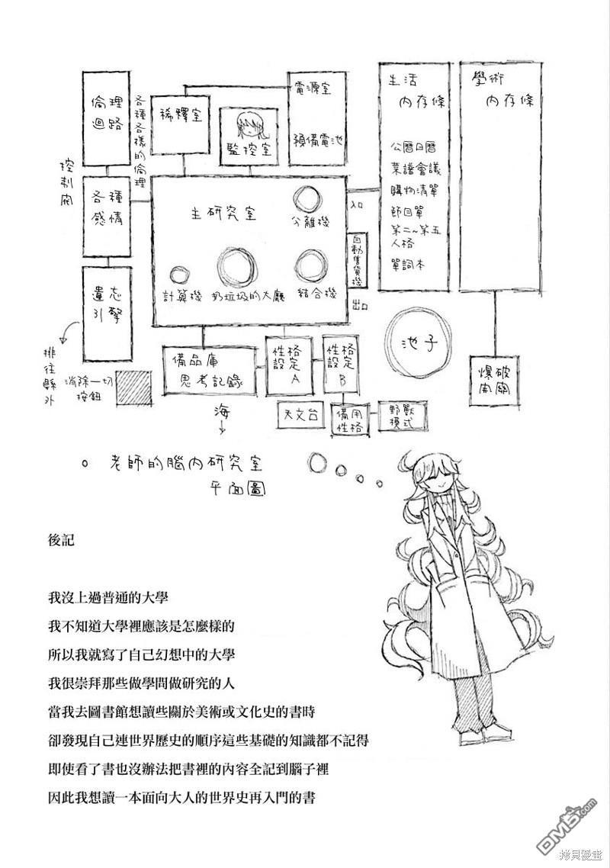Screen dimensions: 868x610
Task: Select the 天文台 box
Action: tap(300, 414)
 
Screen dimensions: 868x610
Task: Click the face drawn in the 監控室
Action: tap(247, 121)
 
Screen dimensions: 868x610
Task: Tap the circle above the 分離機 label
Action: tap(309, 200)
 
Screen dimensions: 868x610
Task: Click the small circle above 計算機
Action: tap(180, 275)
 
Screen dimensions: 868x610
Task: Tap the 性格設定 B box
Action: tap(340, 365)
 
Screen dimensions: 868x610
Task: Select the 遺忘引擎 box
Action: tap(104, 314)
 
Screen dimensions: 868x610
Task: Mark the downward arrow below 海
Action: tap(222, 428)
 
